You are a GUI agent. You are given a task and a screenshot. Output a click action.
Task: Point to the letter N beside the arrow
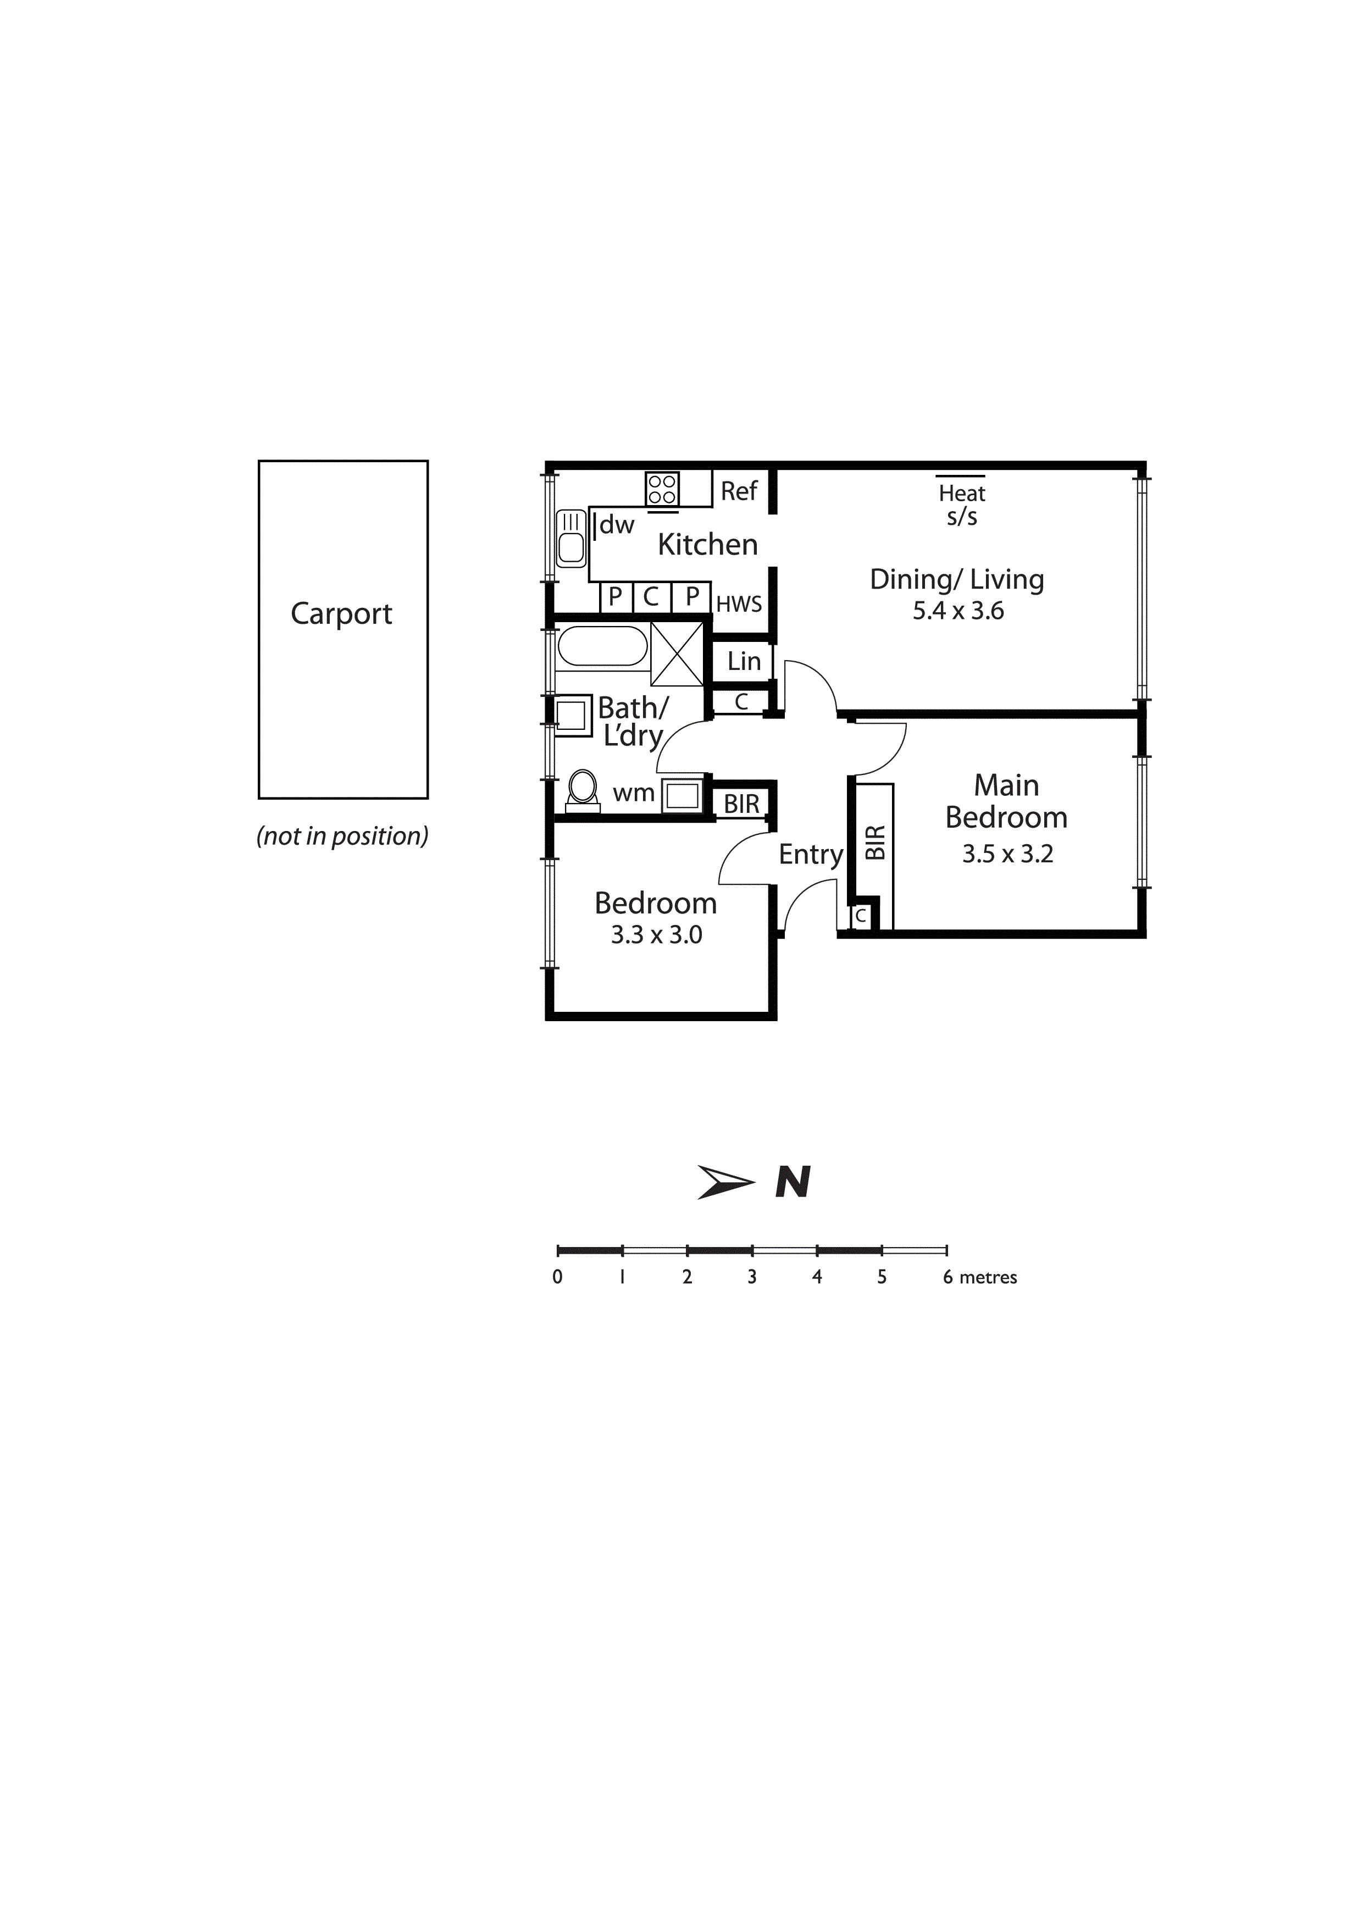coord(793,1182)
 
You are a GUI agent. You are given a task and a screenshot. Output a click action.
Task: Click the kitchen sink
coord(571,538)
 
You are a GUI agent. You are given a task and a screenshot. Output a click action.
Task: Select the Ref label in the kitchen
coord(739,491)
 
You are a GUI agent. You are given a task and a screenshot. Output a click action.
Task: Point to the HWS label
coord(739,604)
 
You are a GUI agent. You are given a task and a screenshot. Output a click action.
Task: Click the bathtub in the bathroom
coord(602,646)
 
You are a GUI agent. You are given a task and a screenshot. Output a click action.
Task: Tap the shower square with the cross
coord(677,654)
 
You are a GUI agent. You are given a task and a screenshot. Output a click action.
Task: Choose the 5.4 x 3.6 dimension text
coord(958,611)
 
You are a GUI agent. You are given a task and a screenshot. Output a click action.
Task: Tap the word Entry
coord(811,855)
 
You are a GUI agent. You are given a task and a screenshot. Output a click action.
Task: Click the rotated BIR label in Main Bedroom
coord(875,842)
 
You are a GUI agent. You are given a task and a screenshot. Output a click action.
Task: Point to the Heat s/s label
coord(962,504)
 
